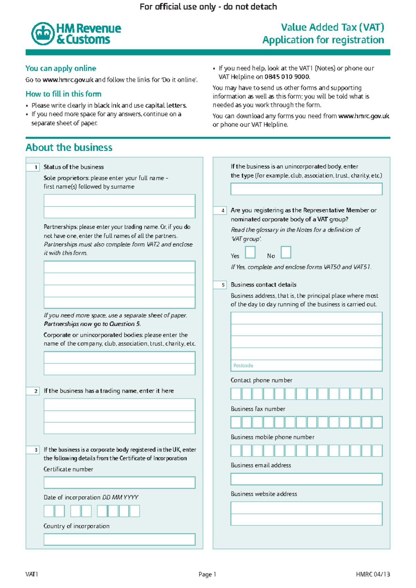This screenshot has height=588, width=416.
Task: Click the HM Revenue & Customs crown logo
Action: tap(43, 34)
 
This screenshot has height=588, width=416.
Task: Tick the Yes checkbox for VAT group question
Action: tap(250, 252)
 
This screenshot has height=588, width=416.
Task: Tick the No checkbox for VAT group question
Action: tap(286, 252)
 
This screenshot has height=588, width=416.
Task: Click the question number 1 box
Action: tap(33, 167)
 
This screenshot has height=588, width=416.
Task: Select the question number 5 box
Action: tap(220, 285)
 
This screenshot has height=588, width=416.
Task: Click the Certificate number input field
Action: tap(119, 483)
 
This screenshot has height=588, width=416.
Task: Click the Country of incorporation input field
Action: tap(119, 539)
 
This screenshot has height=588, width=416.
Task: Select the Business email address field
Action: tap(306, 479)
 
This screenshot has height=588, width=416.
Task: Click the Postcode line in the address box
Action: tap(306, 365)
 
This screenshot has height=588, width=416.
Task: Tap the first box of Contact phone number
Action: tap(236, 394)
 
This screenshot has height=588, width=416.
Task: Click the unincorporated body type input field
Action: tap(306, 189)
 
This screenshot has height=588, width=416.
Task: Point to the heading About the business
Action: tap(69, 148)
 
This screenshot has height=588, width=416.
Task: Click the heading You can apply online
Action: tap(61, 68)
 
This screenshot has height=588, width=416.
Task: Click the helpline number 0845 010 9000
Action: tap(287, 77)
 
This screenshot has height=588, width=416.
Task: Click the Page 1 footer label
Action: tap(207, 574)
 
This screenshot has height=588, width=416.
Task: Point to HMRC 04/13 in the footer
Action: tap(373, 574)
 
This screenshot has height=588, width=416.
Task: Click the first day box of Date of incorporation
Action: tap(49, 511)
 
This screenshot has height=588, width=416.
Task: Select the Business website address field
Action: tap(306, 513)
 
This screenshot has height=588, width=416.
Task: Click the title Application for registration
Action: tap(323, 40)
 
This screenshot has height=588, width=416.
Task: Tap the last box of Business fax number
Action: tap(377, 422)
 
